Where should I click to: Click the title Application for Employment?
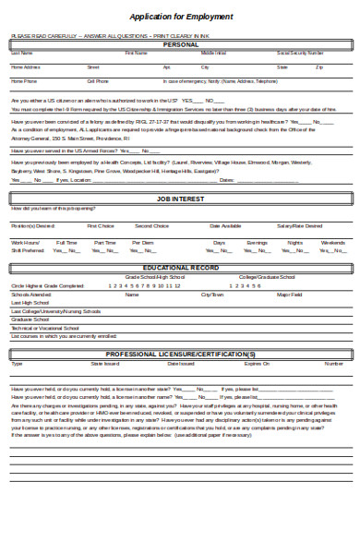click(180, 16)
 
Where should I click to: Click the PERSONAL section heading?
click(180, 44)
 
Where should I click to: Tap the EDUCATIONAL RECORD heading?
click(180, 267)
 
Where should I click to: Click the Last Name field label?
click(20, 54)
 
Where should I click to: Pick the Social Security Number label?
click(300, 54)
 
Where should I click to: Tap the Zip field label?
click(319, 67)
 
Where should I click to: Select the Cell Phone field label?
click(98, 81)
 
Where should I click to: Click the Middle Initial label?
click(214, 54)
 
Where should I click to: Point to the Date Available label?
click(226, 225)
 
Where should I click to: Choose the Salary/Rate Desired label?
click(302, 225)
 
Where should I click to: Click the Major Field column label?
click(290, 294)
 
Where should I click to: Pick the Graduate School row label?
click(28, 319)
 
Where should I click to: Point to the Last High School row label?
click(30, 302)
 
